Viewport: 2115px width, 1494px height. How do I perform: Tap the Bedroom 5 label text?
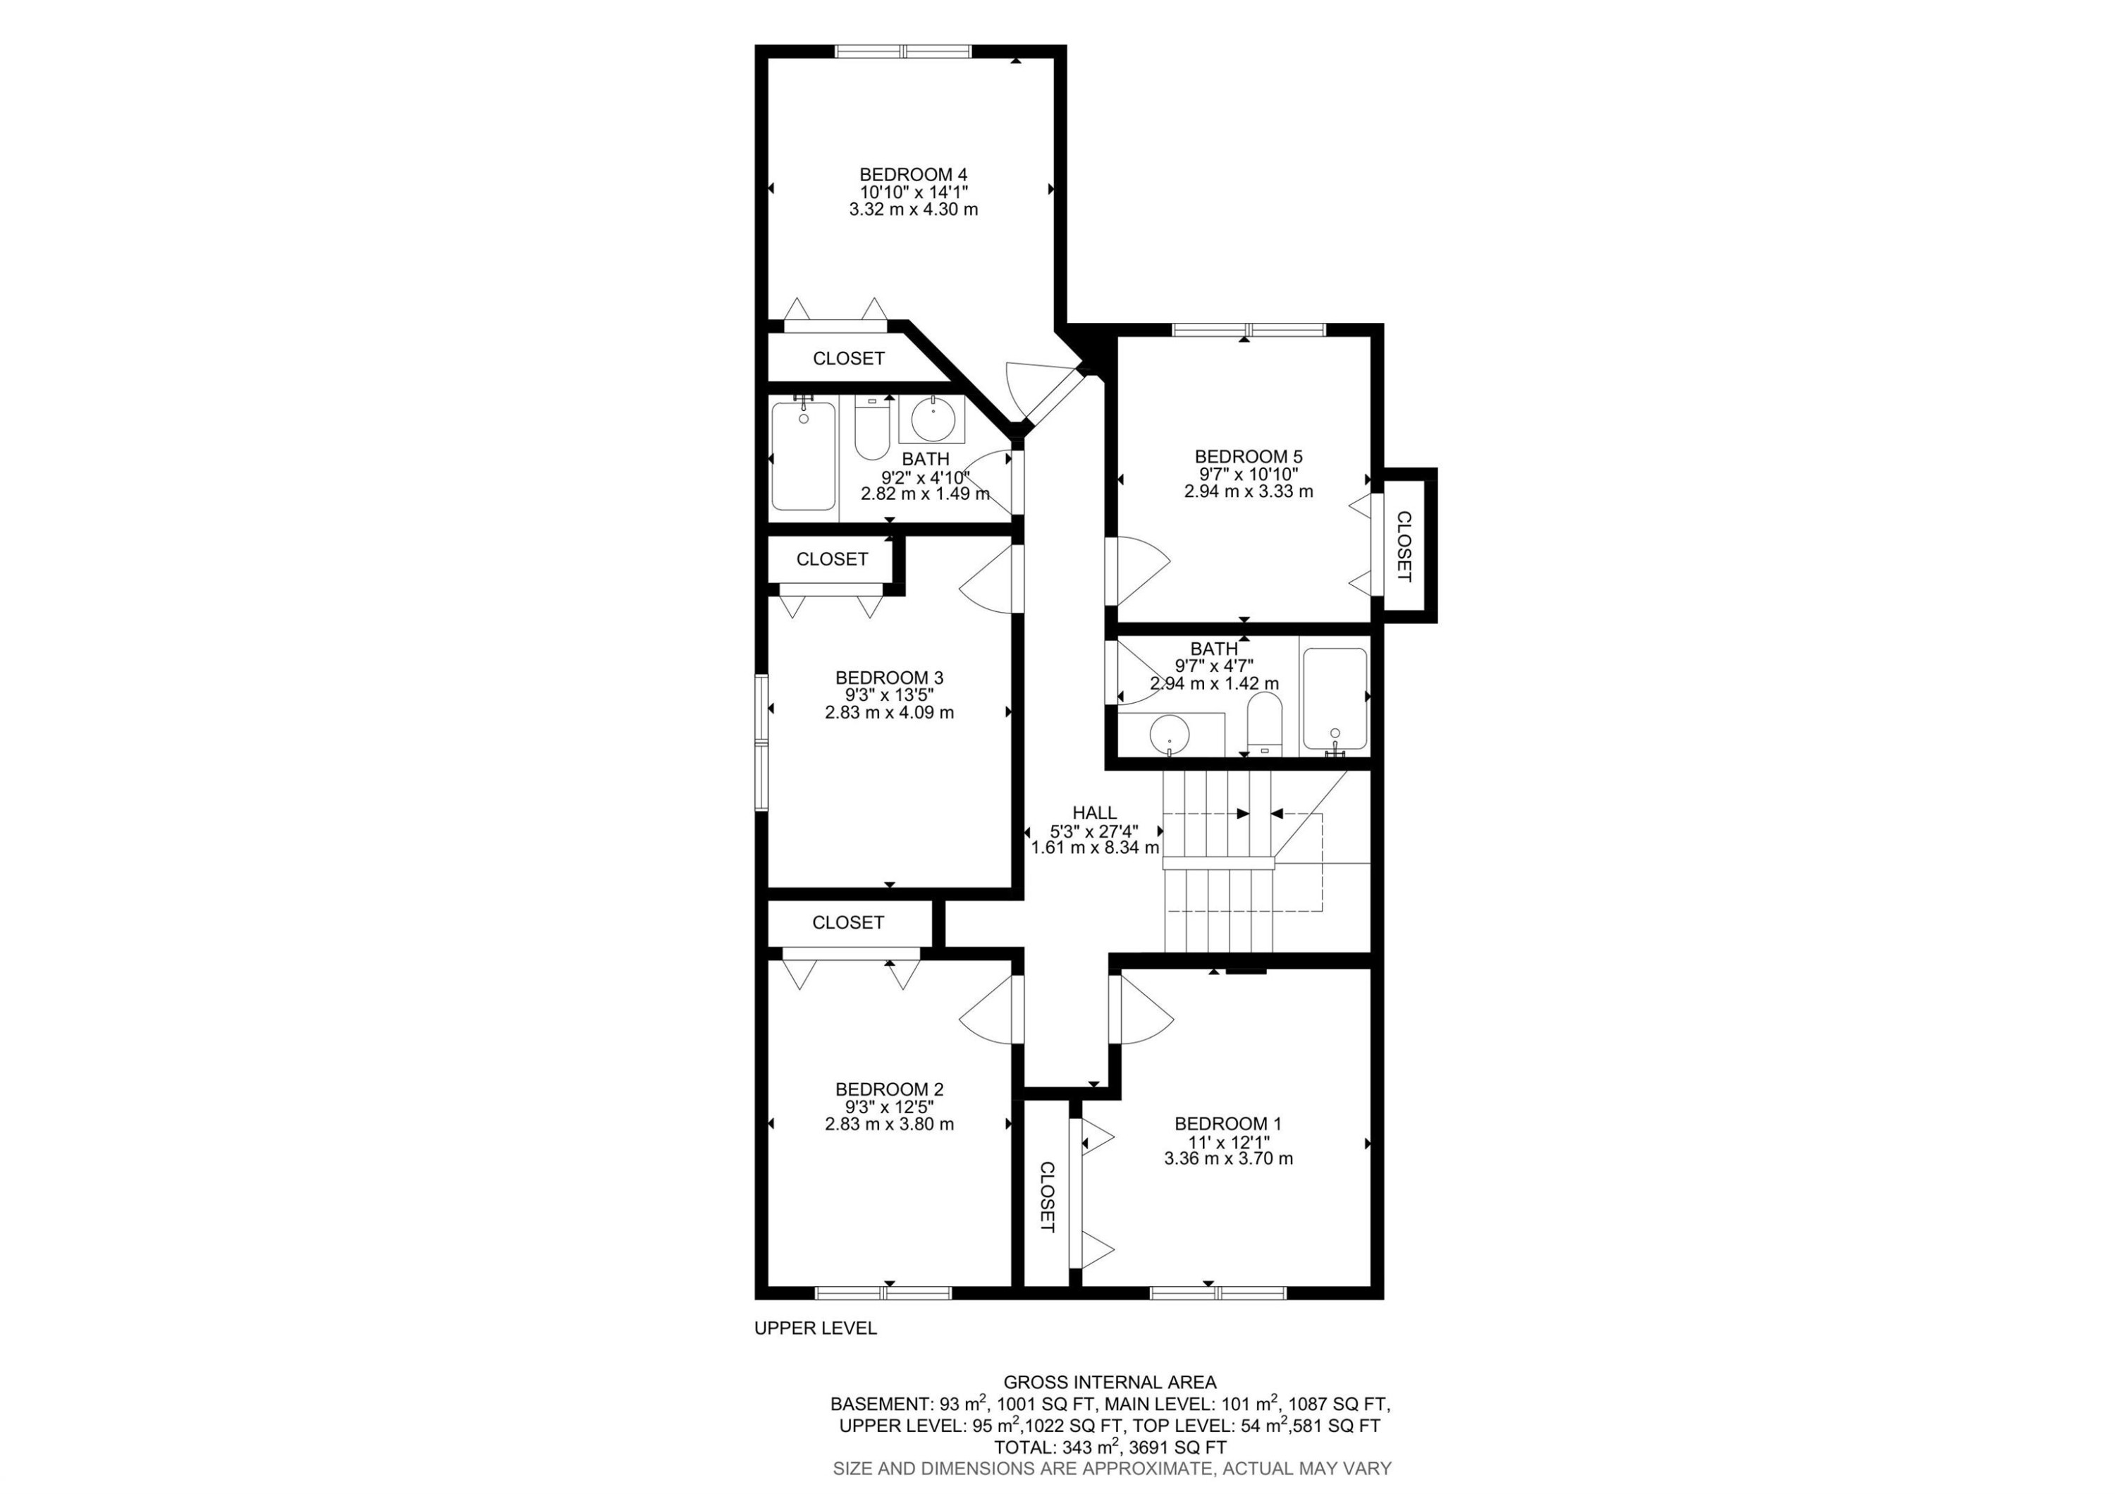[x=1248, y=457]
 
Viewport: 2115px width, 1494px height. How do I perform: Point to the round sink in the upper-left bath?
[x=932, y=420]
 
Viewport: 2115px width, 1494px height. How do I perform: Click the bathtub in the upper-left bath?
[x=803, y=456]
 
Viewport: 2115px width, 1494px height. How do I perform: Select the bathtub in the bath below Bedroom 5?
[x=1335, y=700]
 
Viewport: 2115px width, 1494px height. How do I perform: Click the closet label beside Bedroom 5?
[x=1404, y=546]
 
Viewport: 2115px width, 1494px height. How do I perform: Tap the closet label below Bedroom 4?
[x=848, y=358]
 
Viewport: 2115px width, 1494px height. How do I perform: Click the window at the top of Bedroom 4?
[x=902, y=51]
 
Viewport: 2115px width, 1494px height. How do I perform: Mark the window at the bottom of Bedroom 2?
[x=883, y=1293]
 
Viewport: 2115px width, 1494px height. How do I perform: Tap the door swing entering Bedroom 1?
[x=1144, y=1010]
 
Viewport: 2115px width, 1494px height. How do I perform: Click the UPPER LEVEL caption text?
[x=815, y=1328]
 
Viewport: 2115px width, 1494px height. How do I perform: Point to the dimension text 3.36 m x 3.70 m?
[x=1228, y=1158]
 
